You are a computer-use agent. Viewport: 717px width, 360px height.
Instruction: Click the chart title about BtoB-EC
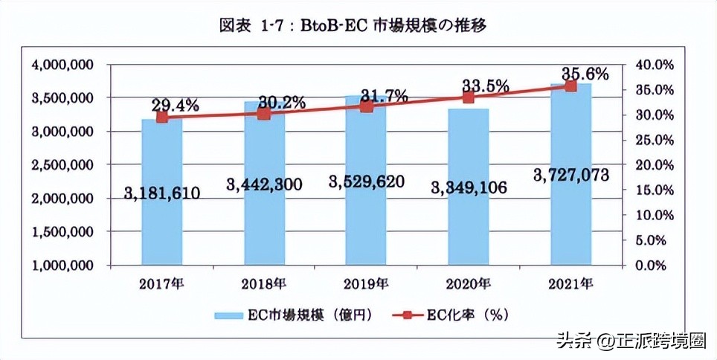point(358,25)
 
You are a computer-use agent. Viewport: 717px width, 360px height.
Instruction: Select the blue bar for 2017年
point(162,223)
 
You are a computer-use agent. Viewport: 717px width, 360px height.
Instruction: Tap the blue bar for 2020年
point(469,223)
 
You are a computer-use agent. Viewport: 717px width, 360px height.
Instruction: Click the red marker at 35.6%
point(570,86)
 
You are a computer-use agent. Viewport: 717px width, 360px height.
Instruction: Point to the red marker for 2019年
point(366,106)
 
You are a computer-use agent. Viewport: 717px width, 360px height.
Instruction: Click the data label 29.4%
point(175,105)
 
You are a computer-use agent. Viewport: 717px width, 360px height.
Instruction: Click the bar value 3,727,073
point(571,175)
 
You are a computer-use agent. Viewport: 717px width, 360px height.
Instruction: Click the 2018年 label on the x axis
point(264,283)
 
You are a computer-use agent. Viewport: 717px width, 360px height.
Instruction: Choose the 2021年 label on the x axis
point(570,283)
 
